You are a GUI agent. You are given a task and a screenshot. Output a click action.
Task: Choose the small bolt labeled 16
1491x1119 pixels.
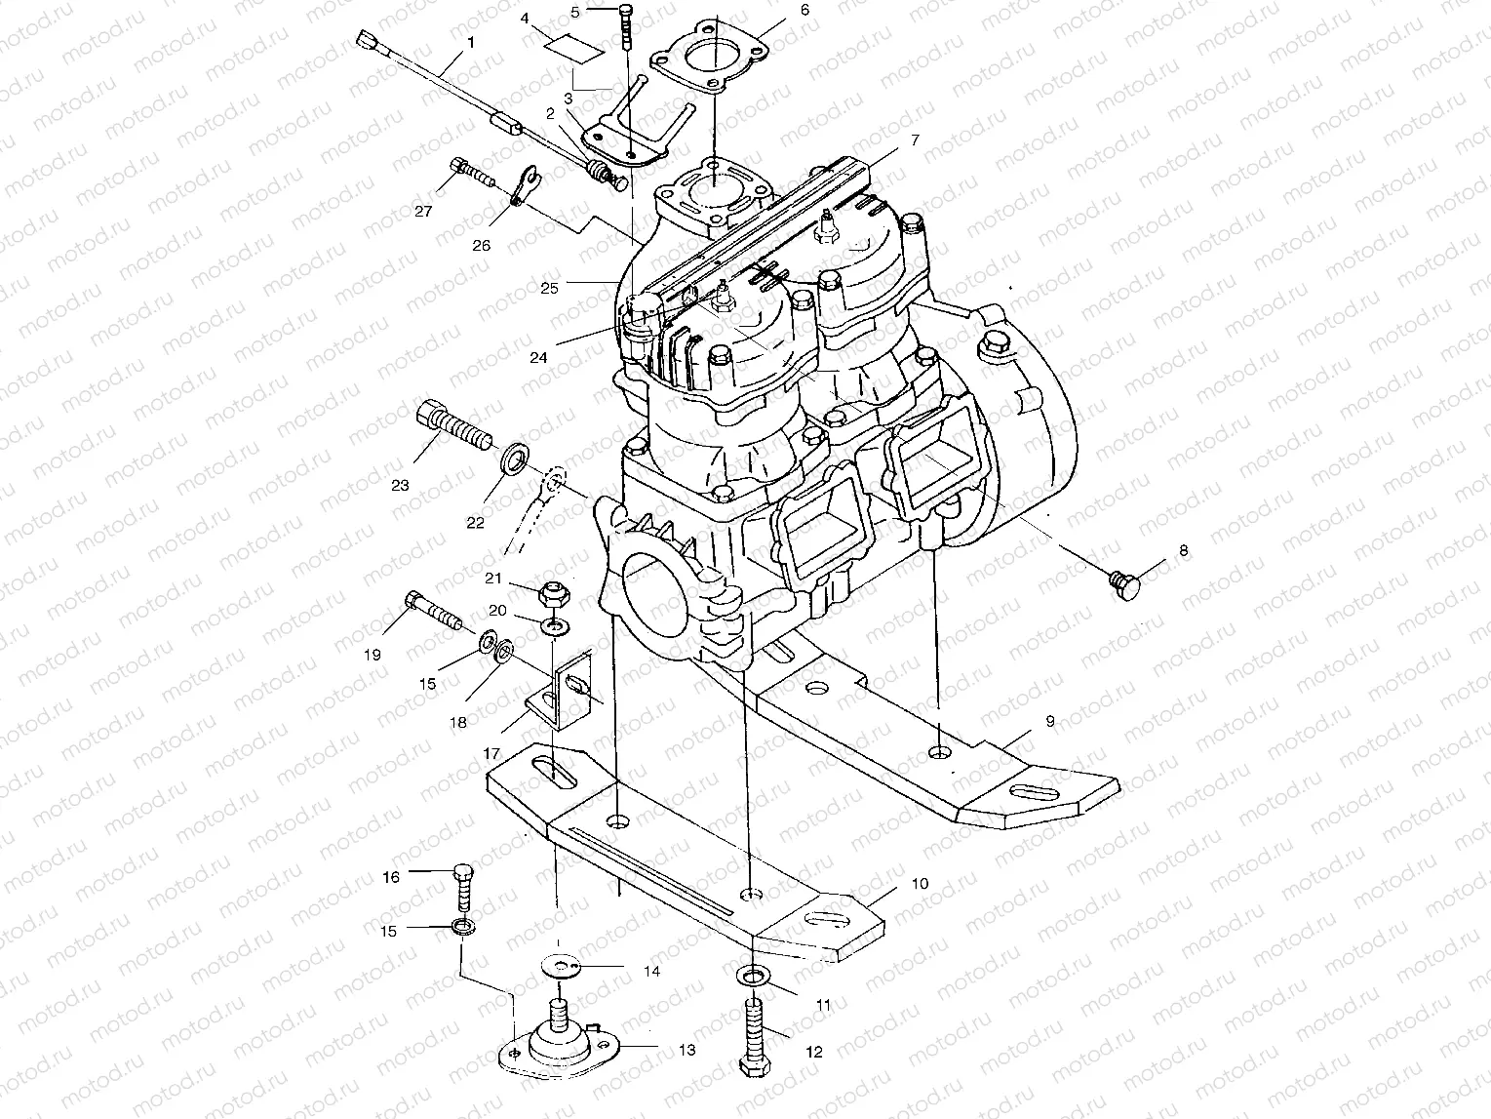(464, 888)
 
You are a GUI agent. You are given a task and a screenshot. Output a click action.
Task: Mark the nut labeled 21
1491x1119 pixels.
(551, 592)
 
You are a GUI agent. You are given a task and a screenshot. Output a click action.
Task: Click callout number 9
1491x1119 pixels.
(1049, 722)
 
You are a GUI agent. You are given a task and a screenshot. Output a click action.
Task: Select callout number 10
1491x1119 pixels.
(920, 884)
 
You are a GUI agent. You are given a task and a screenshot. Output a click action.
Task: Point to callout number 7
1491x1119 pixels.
(914, 140)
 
